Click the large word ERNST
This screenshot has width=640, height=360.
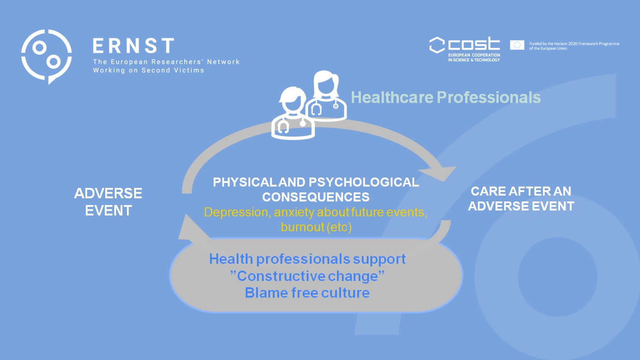tap(133, 46)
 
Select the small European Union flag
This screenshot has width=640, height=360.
tap(517, 45)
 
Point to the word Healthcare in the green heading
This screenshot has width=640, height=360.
tap(392, 97)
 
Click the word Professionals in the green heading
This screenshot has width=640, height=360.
tap(489, 97)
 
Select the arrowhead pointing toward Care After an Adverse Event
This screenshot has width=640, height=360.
tap(439, 173)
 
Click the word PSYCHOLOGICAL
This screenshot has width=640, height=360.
tap(364, 182)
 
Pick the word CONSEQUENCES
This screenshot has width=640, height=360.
tap(316, 197)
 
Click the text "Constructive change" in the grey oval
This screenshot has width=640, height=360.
tap(307, 276)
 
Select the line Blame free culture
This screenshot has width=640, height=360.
tap(307, 293)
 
